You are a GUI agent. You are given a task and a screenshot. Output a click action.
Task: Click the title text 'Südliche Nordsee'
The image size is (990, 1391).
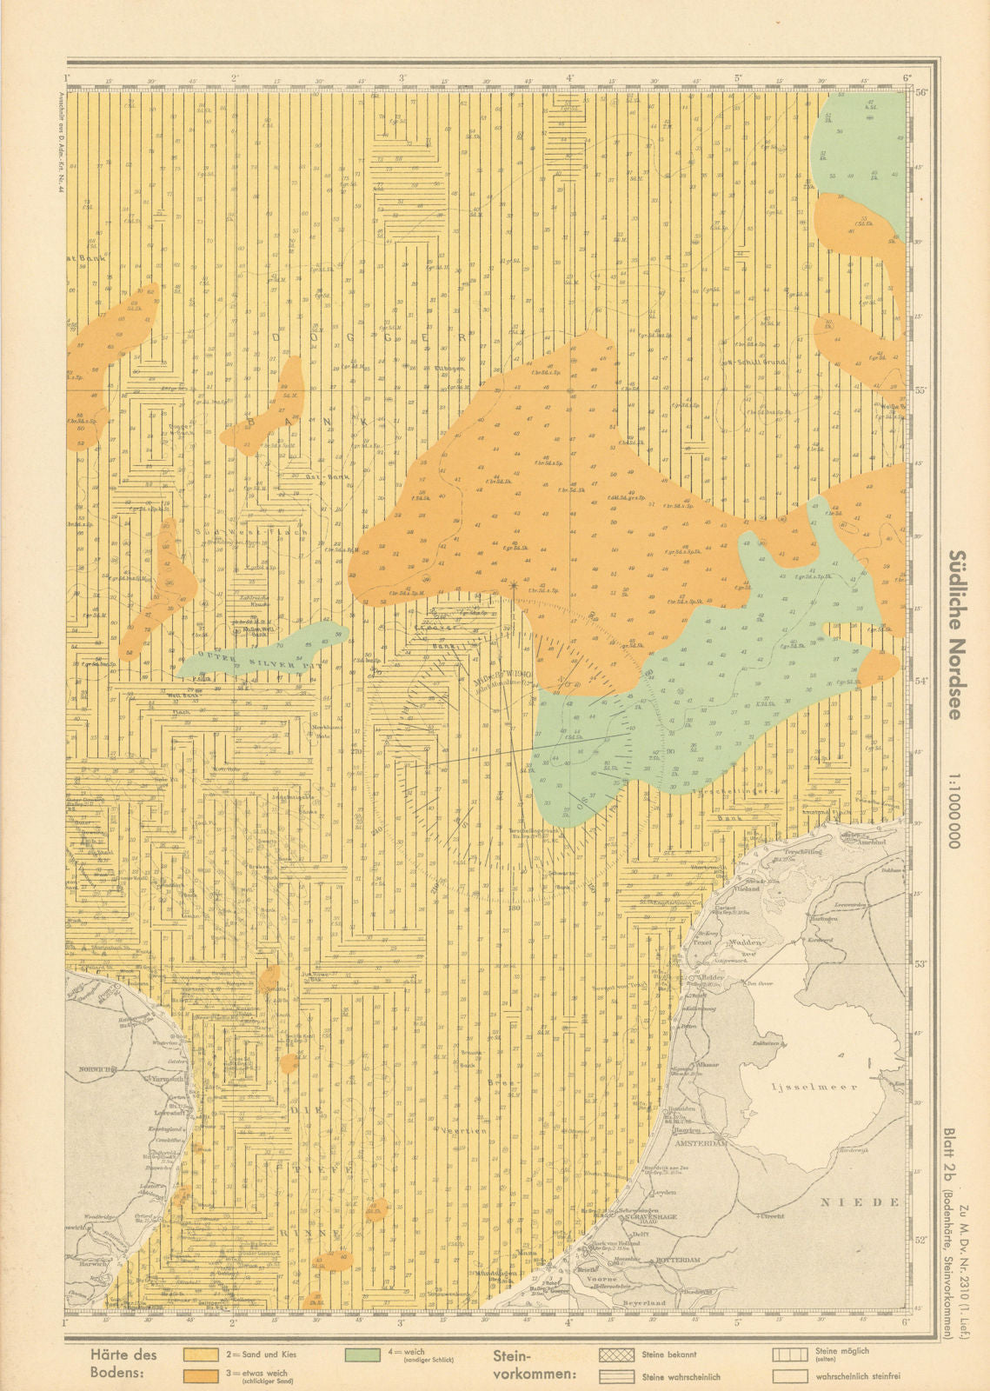955,635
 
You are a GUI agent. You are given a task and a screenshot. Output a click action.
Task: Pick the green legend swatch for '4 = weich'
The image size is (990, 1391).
362,1354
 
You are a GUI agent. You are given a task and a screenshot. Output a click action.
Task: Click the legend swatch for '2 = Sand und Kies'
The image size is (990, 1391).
201,1354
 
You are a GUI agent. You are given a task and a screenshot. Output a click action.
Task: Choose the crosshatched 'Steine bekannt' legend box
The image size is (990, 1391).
616,1354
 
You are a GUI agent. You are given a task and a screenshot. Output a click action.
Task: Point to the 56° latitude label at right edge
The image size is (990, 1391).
922,92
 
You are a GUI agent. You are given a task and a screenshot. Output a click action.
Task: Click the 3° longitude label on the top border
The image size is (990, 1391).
402,78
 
